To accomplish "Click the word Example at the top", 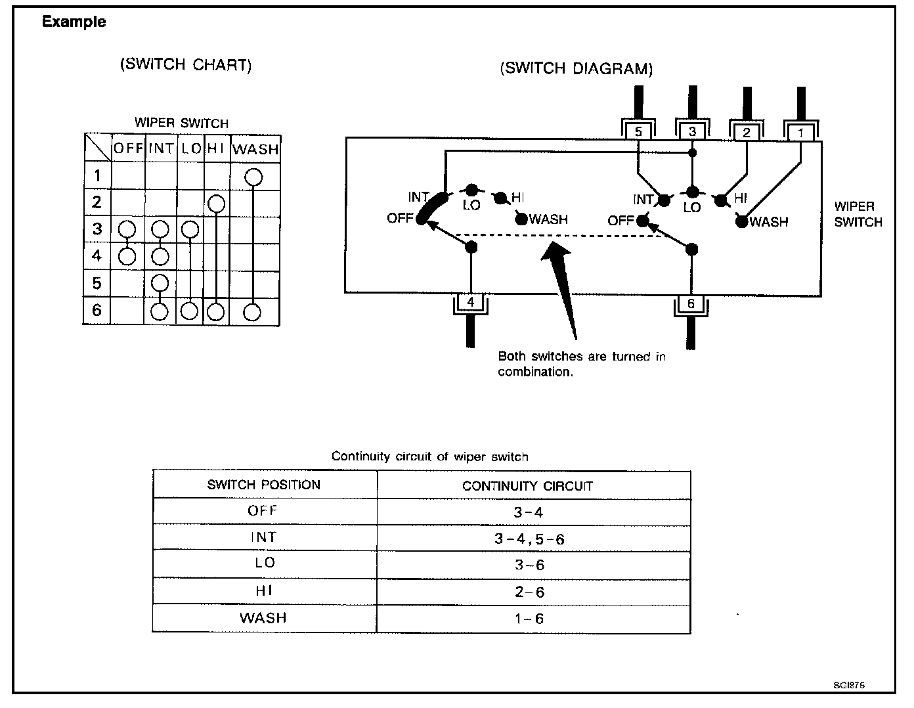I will (x=74, y=22).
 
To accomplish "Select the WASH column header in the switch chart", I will (x=255, y=149).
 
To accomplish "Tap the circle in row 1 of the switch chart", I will (x=253, y=177).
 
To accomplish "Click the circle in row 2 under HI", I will (x=215, y=204).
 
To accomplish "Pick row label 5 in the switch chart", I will (x=97, y=283).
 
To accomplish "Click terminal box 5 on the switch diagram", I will (x=638, y=131).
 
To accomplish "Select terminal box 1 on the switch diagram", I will (x=800, y=132).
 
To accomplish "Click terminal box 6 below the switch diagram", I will (x=691, y=303).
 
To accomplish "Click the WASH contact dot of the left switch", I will (x=521, y=219).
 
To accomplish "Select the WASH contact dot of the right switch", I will (x=741, y=222).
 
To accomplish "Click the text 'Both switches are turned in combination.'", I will (x=581, y=364).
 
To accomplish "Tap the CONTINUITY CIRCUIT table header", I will (x=527, y=486).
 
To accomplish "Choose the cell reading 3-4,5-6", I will (x=529, y=539).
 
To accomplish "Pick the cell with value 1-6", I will (x=529, y=619).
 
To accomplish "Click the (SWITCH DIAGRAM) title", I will (x=576, y=69).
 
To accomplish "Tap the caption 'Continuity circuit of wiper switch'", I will (x=429, y=456).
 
